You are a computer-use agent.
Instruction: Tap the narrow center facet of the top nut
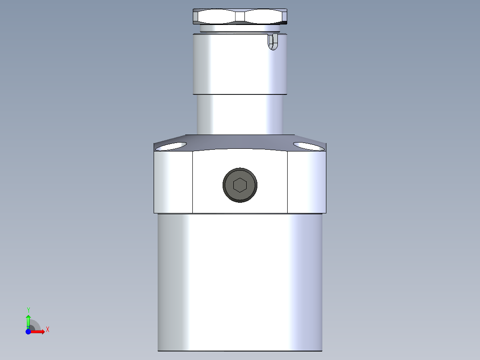click(240, 16)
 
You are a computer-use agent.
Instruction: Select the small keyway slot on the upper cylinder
click(272, 41)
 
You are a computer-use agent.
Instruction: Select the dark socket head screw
click(240, 184)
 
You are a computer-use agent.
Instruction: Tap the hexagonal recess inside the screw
click(240, 184)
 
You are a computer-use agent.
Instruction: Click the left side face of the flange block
click(173, 183)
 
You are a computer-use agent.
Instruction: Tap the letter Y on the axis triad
click(28, 310)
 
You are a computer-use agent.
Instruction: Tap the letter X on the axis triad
click(48, 330)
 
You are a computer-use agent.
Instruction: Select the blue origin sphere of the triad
click(28, 331)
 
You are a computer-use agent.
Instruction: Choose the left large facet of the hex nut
click(216, 17)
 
